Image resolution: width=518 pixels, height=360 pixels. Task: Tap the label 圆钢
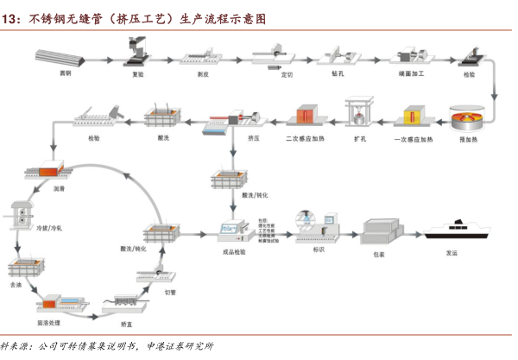coord(65,75)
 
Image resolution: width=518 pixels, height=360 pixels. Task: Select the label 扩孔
coord(359,137)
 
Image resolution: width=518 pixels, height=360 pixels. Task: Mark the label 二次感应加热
coord(303,137)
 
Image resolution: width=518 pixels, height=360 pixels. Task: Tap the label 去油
coord(16,283)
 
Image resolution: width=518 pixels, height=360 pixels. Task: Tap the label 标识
coord(319,250)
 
